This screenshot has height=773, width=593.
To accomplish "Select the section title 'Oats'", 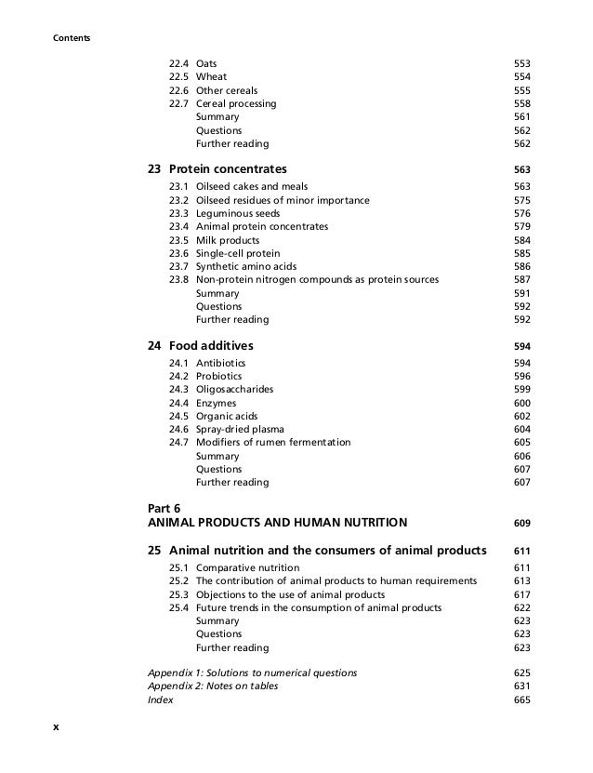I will coord(207,64).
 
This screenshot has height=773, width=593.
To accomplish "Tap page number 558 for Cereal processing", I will coord(521,104).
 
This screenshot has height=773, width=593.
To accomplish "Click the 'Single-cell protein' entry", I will coord(238,253).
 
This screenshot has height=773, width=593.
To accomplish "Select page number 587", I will coord(521,280).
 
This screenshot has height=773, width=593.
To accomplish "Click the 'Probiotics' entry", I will coord(221,377).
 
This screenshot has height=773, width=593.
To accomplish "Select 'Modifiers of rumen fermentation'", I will coord(273,443).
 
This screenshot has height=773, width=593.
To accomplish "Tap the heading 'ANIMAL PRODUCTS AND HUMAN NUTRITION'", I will coord(277,523).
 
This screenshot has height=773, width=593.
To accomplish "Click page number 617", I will coord(521,594).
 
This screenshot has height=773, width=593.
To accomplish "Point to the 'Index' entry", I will coord(160,700).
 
